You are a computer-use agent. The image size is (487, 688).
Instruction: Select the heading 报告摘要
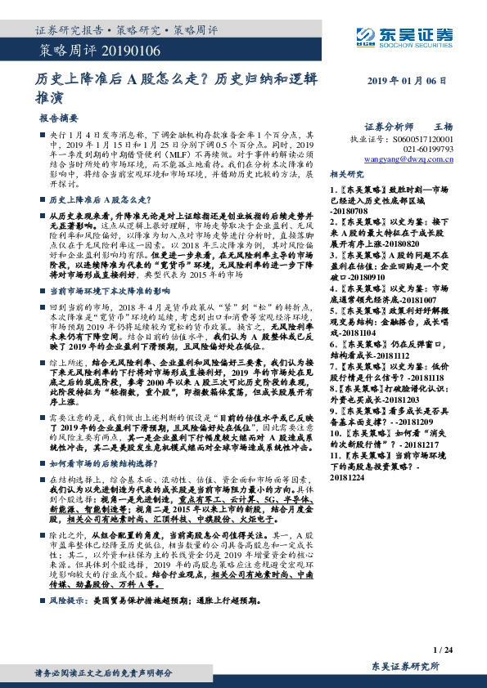point(60,118)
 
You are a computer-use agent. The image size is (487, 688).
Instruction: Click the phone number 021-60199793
point(427,150)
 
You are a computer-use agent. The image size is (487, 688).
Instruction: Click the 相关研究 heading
point(347,175)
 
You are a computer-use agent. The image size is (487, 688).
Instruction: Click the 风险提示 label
point(67,599)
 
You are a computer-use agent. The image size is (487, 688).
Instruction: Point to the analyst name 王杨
point(442,127)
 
